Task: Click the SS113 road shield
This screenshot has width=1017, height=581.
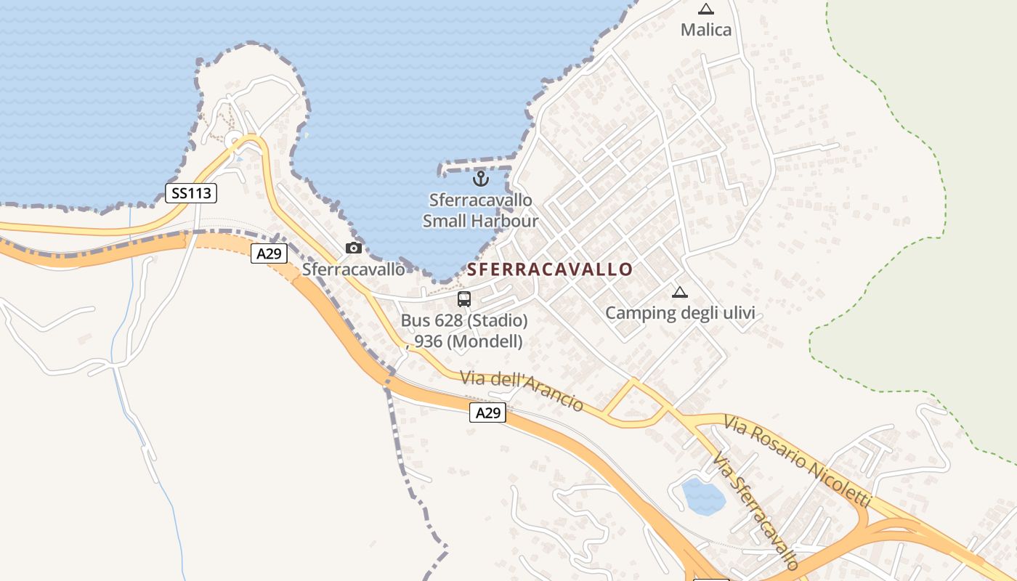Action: pos(191,193)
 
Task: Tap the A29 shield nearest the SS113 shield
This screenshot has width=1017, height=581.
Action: pos(269,253)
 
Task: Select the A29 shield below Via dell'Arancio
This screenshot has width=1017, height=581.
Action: pos(487,413)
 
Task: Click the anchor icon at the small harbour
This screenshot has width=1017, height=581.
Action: pos(479,177)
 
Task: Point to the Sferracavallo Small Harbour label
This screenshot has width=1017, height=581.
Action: pos(480,211)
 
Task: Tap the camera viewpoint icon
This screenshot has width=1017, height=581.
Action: pos(354,248)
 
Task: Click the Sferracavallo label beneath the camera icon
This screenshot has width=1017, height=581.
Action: pos(353,269)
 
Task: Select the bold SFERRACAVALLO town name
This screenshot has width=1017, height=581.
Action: pos(550,269)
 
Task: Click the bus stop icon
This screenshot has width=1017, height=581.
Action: pos(463,298)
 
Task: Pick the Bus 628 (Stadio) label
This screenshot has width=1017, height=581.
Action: pos(464,320)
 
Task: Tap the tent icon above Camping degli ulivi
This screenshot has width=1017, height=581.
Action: pos(680,292)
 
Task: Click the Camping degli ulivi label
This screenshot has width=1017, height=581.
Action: pos(680,313)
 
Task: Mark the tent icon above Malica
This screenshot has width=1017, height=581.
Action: pos(705,9)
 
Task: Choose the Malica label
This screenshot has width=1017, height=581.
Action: pos(705,30)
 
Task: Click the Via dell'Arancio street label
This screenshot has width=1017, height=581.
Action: pos(522,391)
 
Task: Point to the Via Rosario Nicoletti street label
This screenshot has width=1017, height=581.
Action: pos(797,461)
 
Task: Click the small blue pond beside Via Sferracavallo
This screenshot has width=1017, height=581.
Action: pos(702,497)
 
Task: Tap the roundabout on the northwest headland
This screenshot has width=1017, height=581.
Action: pos(234,140)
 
